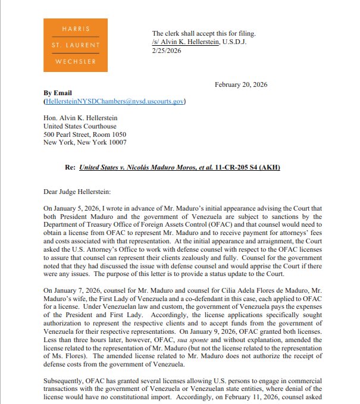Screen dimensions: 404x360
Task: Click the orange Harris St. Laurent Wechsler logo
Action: [x=76, y=45]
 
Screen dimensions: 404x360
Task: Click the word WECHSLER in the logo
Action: [x=76, y=60]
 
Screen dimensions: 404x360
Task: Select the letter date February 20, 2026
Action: [x=240, y=84]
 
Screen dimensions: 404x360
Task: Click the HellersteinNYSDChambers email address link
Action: [x=114, y=102]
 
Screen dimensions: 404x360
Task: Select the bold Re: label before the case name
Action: [x=70, y=168]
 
